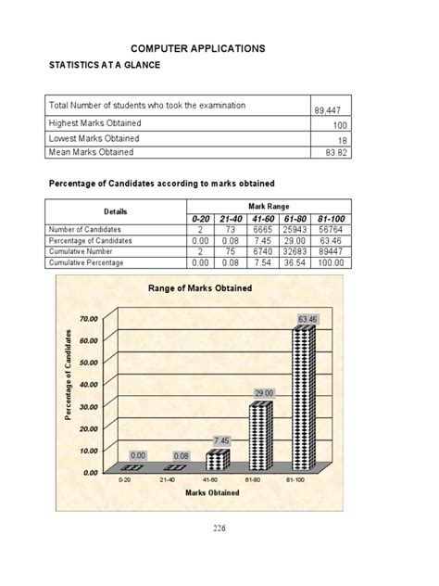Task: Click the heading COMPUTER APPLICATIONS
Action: [198, 47]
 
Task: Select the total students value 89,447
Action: [331, 109]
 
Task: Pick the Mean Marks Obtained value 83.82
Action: [335, 152]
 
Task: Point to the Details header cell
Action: [116, 211]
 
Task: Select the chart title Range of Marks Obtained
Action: [199, 288]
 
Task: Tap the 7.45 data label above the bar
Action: [220, 439]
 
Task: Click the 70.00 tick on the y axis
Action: [90, 318]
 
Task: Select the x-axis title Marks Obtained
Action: [212, 492]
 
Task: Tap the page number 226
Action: [219, 529]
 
